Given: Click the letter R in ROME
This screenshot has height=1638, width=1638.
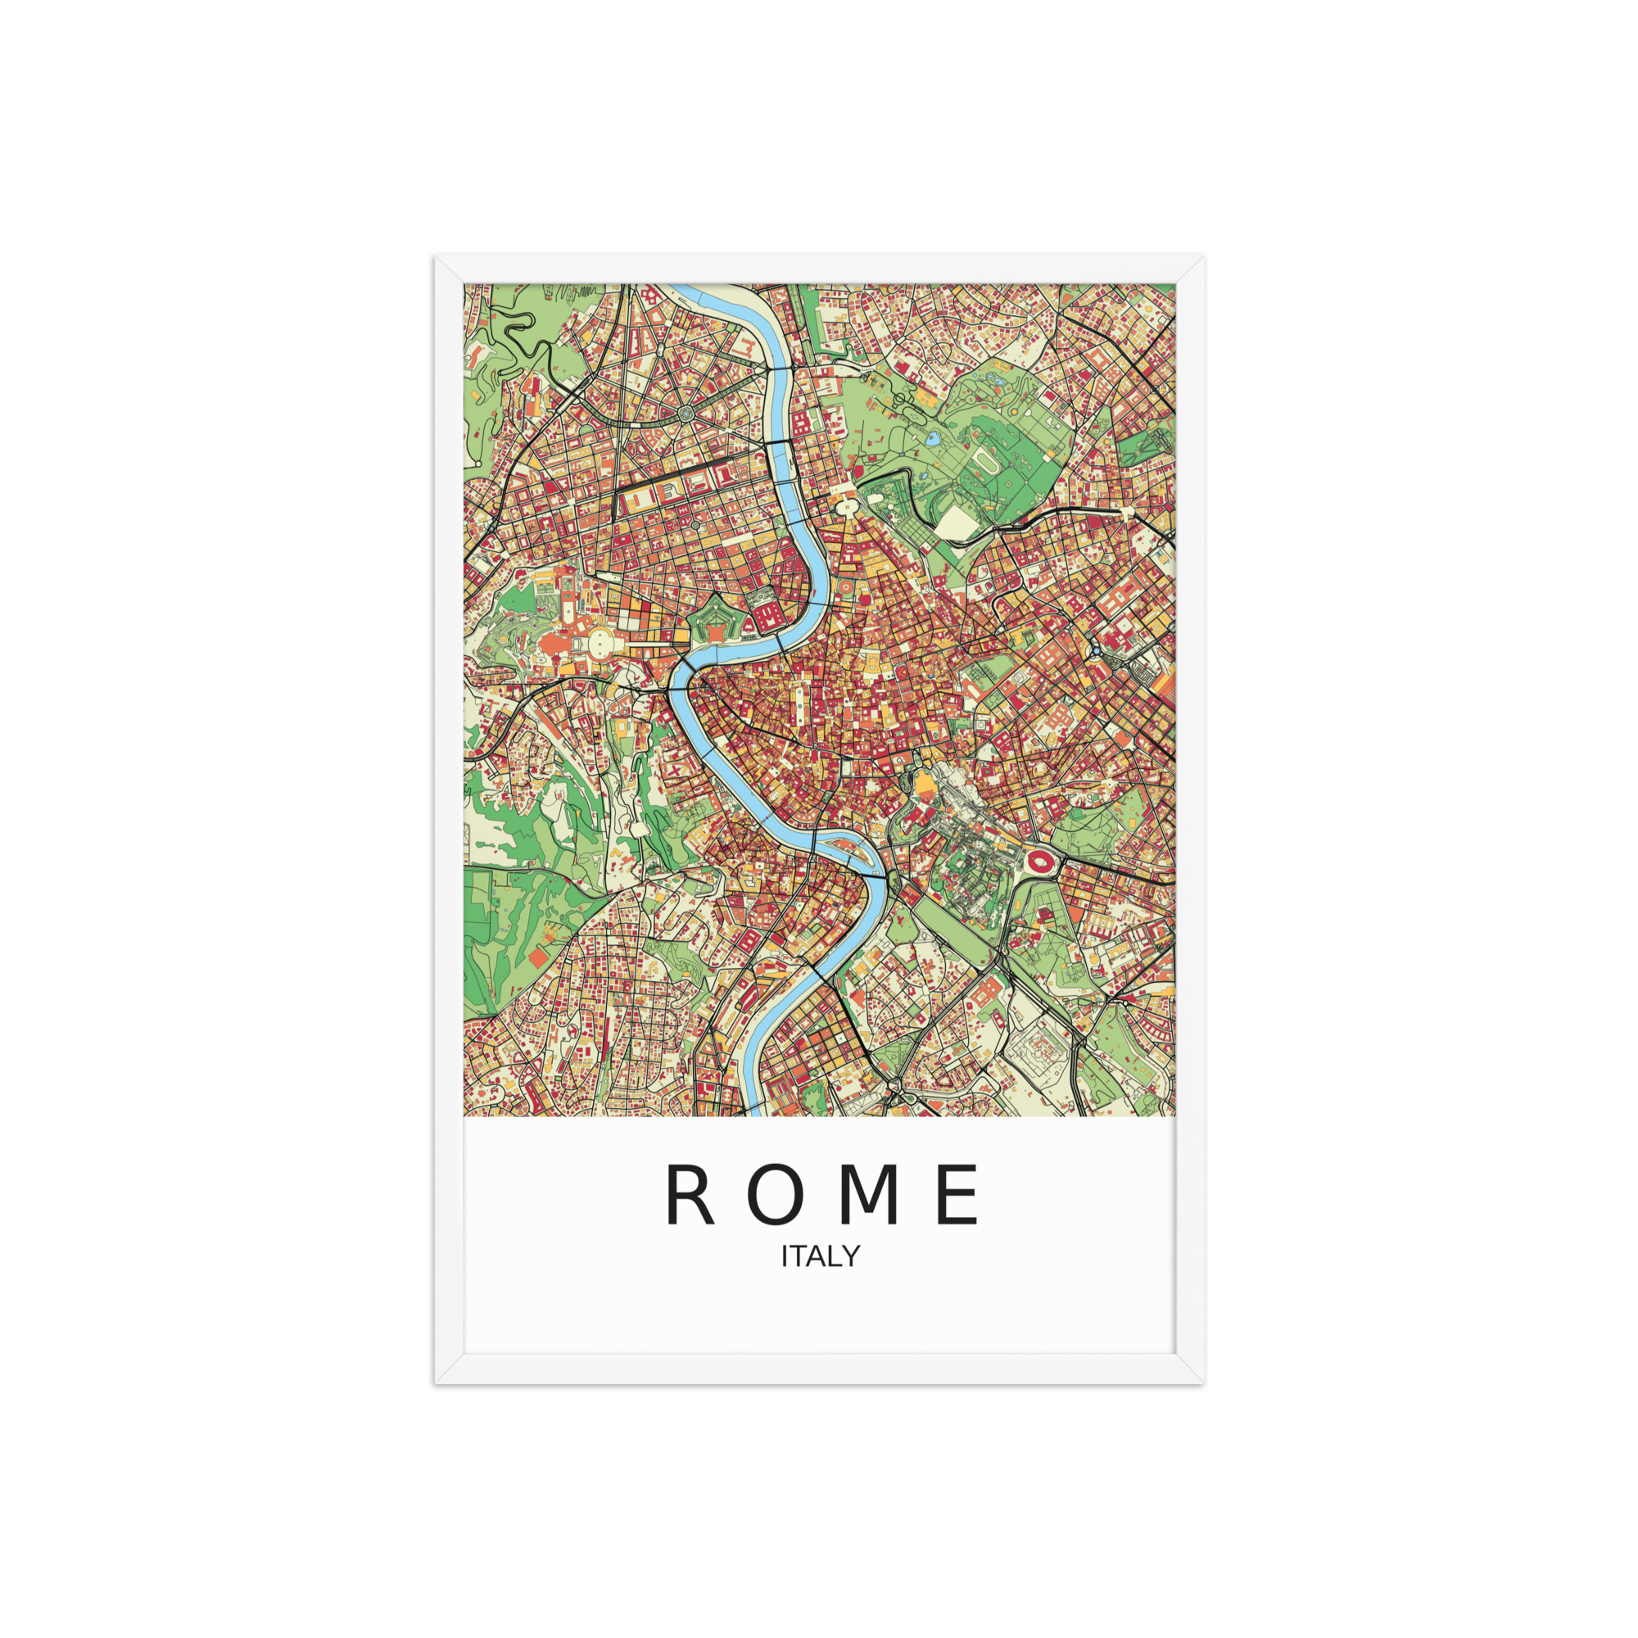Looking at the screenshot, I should (690, 1196).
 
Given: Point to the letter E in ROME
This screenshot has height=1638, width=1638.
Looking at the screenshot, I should (960, 1196).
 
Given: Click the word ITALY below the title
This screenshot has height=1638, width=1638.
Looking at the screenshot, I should (820, 1256).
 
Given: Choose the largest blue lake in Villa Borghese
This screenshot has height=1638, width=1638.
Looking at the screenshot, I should (934, 439).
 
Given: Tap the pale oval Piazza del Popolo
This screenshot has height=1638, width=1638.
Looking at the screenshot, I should (846, 508).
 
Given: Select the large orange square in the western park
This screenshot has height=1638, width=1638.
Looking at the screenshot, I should (536, 958).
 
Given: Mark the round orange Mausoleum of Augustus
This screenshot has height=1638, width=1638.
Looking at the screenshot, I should (848, 586).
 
